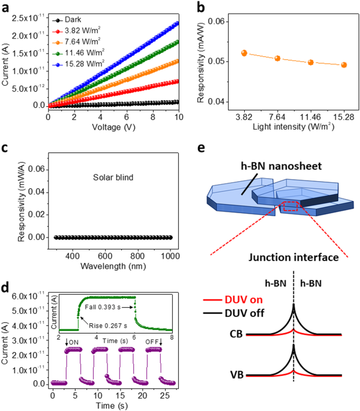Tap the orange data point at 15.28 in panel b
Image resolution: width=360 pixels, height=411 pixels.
coord(344,65)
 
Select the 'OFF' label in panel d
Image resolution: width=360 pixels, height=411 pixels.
coord(151,341)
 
